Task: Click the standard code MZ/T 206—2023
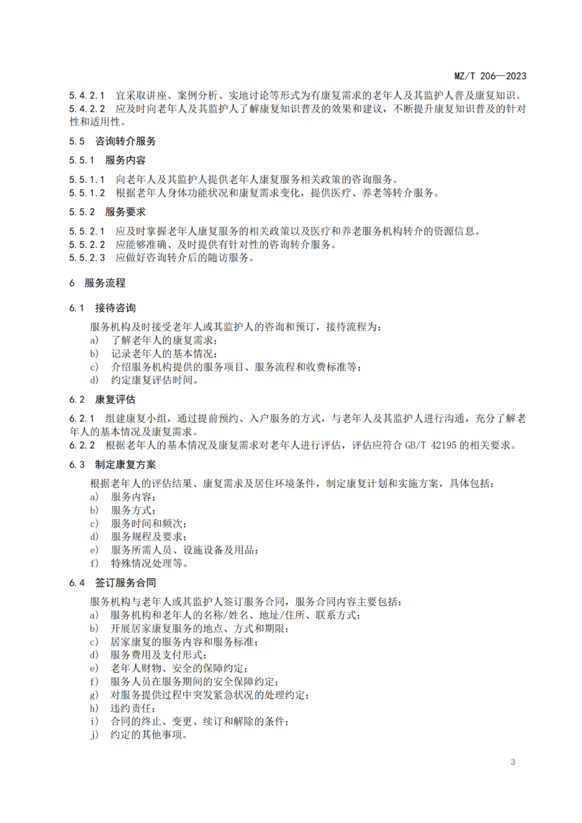click(490, 76)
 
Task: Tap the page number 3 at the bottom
click(512, 762)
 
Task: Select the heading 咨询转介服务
click(125, 141)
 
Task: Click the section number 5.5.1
click(81, 160)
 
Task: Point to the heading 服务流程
click(105, 283)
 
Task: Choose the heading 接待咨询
click(115, 308)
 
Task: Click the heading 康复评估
click(115, 399)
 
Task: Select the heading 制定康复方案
click(126, 465)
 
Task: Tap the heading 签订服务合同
click(126, 583)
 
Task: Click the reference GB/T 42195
click(431, 445)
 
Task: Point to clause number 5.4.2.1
click(87, 95)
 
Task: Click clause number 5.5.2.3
click(87, 258)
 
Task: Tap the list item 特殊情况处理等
click(149, 563)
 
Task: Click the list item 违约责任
click(133, 708)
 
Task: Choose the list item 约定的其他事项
click(148, 735)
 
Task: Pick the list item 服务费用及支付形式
click(158, 655)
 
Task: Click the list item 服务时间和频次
click(149, 523)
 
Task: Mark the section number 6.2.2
click(82, 445)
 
